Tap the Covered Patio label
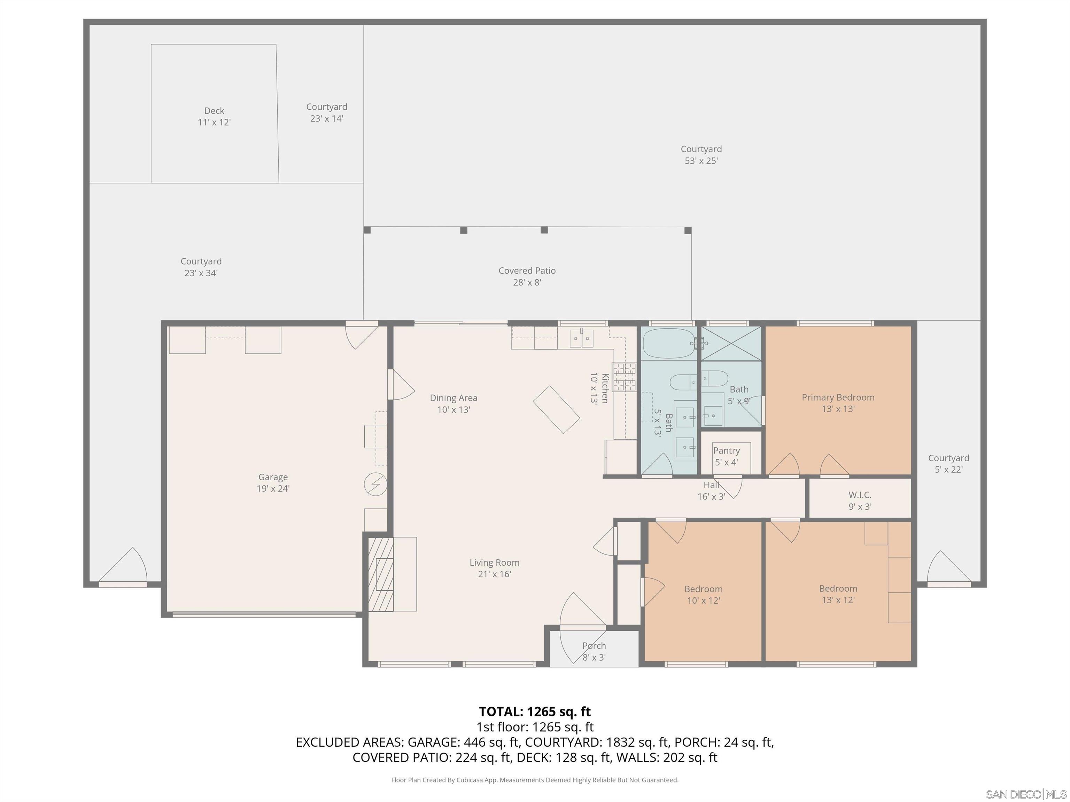[x=527, y=276]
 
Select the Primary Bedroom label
[x=838, y=403]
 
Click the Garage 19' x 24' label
[x=273, y=482]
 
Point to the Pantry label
[x=726, y=456]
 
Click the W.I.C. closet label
[x=860, y=500]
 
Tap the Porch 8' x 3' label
[x=594, y=651]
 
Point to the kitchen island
[x=556, y=409]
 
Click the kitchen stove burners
[x=623, y=377]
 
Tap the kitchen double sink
[x=581, y=338]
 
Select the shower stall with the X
[x=731, y=343]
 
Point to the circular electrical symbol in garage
[x=375, y=484]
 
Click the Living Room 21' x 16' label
[x=494, y=568]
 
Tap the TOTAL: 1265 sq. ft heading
[x=535, y=711]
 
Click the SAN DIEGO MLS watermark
[x=1025, y=794]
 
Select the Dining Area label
[x=453, y=403]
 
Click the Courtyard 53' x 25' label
[x=700, y=155]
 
